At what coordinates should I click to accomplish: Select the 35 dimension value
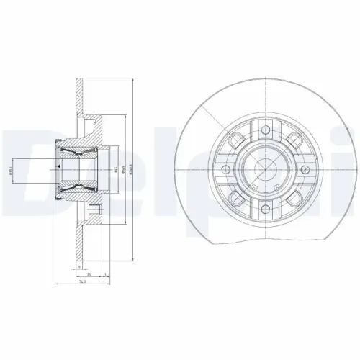89,274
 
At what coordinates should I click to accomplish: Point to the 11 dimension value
106,274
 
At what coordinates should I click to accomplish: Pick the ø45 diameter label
116,171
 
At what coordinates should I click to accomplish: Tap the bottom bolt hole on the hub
266,211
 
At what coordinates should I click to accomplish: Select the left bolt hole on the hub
226,171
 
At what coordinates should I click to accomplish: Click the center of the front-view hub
266,171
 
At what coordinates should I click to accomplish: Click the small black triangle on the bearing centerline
57,166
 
